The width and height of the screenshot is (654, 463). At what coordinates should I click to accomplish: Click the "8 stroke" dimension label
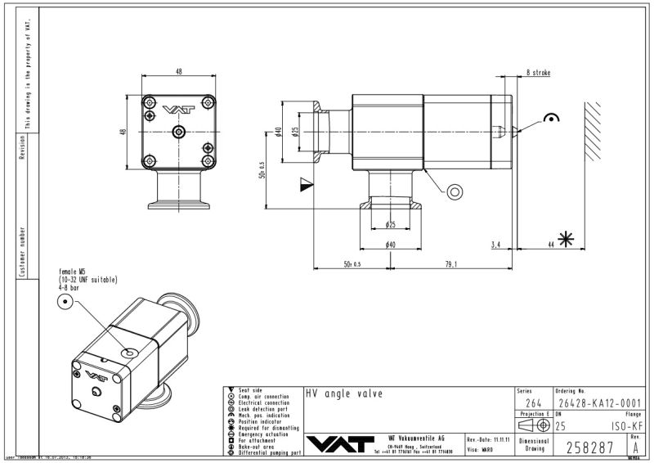click(538, 73)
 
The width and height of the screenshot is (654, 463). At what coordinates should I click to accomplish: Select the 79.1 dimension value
click(450, 263)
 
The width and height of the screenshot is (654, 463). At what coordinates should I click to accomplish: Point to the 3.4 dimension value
click(496, 244)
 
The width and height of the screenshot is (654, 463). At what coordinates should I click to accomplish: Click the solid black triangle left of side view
click(306, 184)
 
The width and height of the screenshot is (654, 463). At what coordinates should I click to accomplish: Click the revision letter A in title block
click(635, 447)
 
